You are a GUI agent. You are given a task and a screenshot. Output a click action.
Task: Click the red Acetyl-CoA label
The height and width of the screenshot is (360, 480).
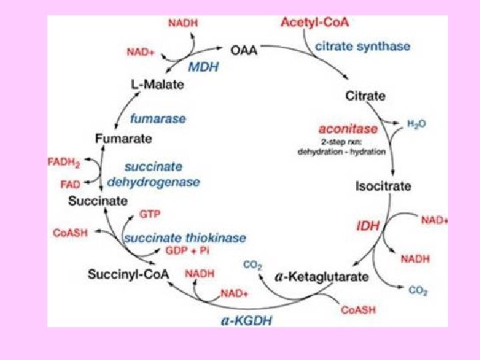coord(315,22)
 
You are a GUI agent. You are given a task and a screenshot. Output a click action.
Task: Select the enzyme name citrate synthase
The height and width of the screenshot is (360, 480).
coord(363,46)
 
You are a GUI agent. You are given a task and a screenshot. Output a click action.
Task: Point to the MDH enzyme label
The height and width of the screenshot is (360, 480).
coord(204,67)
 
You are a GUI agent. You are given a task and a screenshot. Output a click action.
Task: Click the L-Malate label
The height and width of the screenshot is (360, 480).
coord(157,85)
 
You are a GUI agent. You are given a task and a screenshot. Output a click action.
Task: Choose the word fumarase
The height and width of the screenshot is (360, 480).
coord(158,119)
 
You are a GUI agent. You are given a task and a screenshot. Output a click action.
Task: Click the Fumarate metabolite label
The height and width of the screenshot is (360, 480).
coord(123,139)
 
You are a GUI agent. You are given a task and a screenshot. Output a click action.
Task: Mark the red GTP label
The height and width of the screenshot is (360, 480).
coord(149,215)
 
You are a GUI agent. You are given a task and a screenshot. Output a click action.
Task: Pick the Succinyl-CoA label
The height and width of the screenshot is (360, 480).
coord(129,273)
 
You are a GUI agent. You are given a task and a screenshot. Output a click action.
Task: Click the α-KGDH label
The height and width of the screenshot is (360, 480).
coord(246,319)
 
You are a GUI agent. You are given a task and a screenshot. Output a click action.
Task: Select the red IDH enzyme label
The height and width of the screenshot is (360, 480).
coord(367,226)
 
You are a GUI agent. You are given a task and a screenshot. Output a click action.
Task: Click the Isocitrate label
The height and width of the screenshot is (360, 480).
coord(383,186)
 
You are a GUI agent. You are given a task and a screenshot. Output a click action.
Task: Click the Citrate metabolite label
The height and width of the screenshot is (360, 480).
coord(365,95)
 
